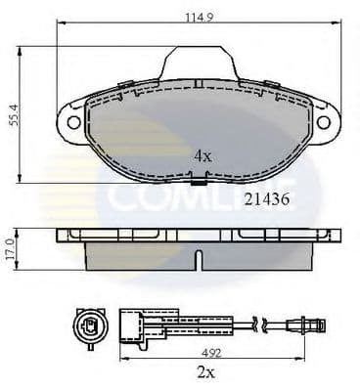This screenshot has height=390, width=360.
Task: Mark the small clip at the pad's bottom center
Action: tap(198, 183)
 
